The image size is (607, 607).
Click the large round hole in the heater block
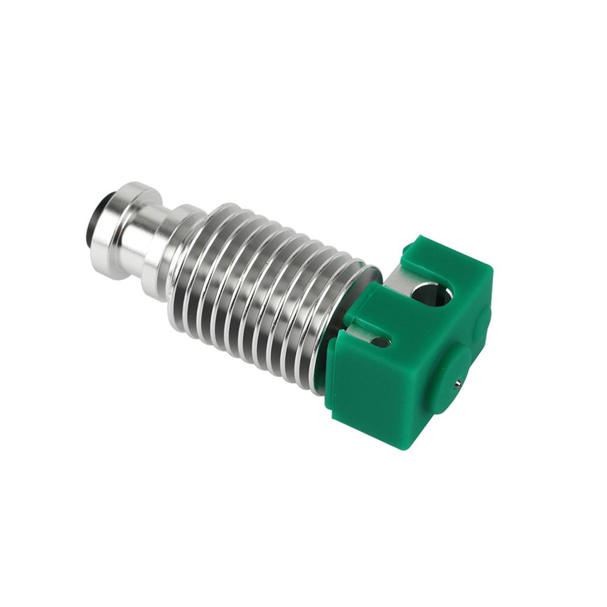click(x=431, y=293)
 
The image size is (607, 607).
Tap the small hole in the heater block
click(x=380, y=341)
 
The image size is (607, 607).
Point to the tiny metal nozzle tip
click(x=457, y=384)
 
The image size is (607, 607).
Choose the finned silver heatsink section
click(x=261, y=290)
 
